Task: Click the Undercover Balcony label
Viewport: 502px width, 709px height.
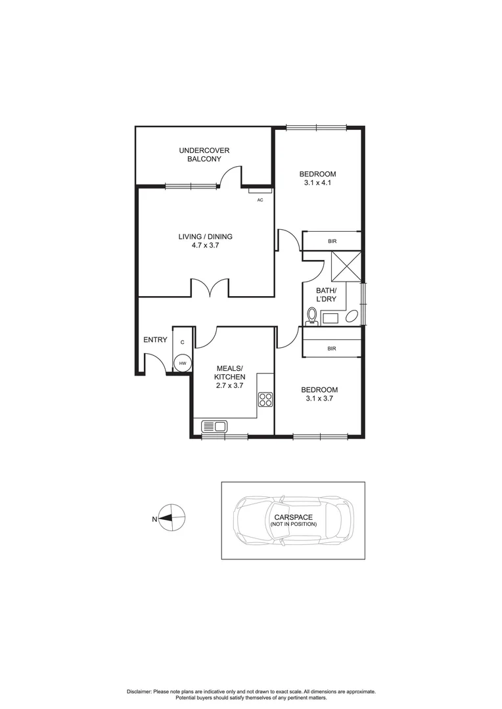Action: click(204, 154)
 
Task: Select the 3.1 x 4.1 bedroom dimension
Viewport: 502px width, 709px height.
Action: click(317, 183)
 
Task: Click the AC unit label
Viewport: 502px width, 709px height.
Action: click(260, 200)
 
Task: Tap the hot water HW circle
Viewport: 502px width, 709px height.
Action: click(183, 363)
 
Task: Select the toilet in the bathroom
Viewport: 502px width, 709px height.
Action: click(311, 317)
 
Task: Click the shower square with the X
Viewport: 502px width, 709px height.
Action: click(346, 266)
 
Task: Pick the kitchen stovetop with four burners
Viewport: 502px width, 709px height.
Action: click(265, 400)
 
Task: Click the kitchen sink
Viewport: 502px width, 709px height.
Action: click(214, 427)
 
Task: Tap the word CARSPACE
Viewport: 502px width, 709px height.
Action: click(293, 517)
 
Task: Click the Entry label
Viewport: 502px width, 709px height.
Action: click(155, 339)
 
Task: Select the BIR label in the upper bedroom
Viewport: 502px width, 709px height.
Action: click(332, 242)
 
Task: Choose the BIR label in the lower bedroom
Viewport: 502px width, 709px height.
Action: click(332, 349)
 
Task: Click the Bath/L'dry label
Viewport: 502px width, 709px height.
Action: click(326, 294)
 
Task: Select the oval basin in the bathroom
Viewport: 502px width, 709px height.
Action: click(352, 318)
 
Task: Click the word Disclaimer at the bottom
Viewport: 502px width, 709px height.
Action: click(139, 692)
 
